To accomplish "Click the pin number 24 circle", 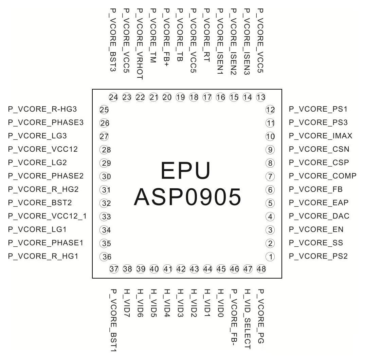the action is (113, 97).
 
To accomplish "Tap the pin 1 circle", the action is (270, 257).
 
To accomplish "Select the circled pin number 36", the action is (104, 257).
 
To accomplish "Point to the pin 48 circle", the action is (261, 269).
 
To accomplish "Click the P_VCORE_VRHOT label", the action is (140, 44).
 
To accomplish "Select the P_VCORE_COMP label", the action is (323, 176).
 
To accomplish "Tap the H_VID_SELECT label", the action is (247, 319).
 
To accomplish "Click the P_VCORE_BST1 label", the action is (113, 320).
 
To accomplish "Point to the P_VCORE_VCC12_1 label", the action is (47, 216).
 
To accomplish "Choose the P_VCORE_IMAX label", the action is (321, 136).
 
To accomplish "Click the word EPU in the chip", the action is (185, 171).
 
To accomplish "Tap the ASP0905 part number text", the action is (187, 197).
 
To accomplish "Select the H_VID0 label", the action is (220, 303).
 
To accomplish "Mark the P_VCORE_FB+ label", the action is (166, 37).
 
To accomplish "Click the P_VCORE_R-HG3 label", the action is (42, 109).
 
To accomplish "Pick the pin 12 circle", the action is (270, 110).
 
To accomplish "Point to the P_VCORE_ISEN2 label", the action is (233, 42).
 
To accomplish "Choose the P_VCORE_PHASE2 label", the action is (45, 176).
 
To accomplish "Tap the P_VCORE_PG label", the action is (261, 316).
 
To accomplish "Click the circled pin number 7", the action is (270, 176).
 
